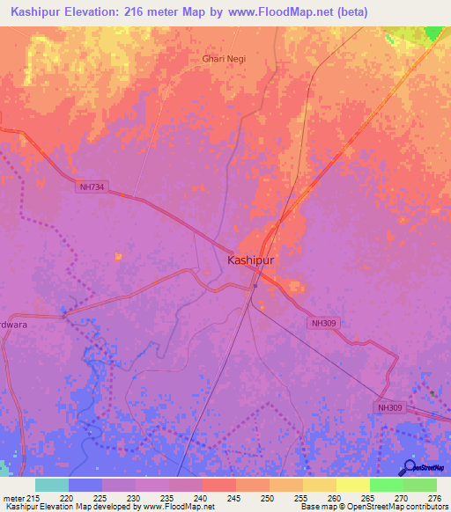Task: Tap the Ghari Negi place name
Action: click(x=225, y=59)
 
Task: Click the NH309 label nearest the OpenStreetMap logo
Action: click(x=392, y=408)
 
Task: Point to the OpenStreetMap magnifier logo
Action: click(x=408, y=467)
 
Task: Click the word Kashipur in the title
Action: click(x=41, y=11)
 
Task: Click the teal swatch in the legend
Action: click(x=52, y=485)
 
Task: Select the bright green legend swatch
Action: click(x=386, y=485)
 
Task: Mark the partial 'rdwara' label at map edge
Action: click(x=14, y=323)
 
